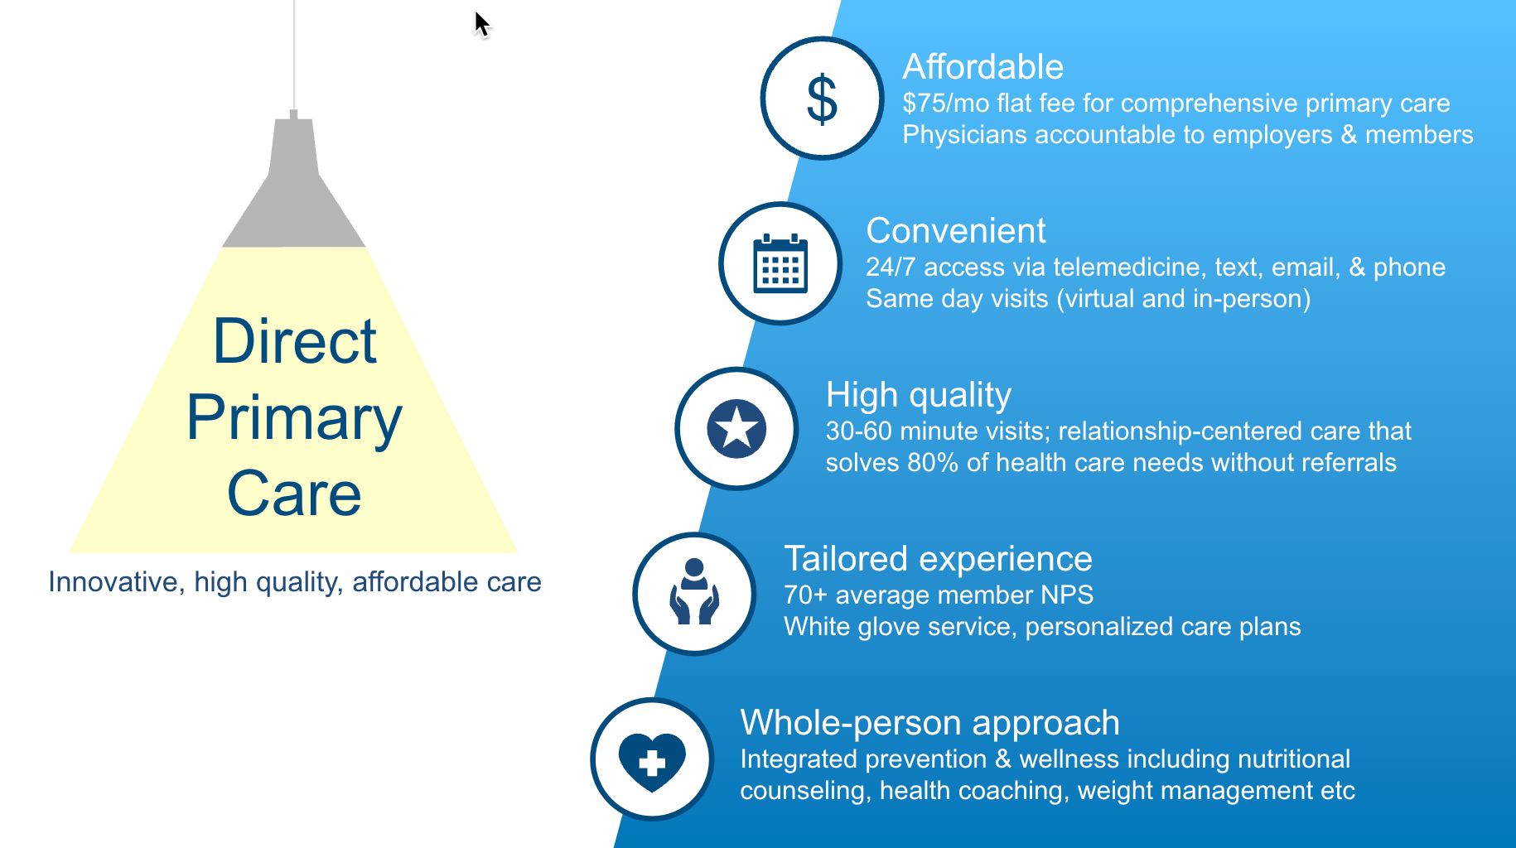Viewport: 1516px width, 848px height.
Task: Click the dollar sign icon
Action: coord(822,99)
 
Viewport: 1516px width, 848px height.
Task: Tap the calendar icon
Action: coord(780,263)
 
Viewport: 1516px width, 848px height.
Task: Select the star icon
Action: coord(736,429)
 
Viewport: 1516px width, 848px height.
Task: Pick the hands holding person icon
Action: coord(694,591)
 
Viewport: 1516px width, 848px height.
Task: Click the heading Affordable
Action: coord(983,67)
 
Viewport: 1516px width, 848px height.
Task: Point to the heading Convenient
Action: coord(956,231)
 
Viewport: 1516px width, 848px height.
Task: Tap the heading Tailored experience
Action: coord(938,559)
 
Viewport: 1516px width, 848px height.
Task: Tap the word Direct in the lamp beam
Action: coord(295,341)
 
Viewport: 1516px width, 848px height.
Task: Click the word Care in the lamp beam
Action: coord(294,494)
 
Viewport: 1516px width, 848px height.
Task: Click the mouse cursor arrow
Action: coord(482,24)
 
